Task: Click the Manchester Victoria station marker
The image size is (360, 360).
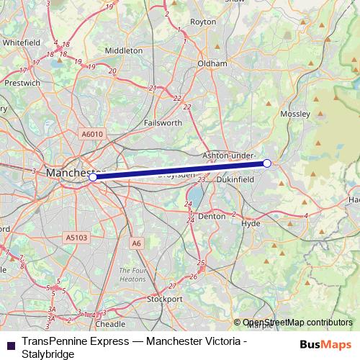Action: coord(93,176)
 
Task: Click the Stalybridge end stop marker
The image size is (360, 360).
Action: coord(267,163)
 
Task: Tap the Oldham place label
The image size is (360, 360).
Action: coord(212,63)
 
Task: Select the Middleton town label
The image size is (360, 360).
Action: coord(124,51)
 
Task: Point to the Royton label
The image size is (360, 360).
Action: coord(203,22)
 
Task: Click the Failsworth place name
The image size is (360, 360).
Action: coord(163,123)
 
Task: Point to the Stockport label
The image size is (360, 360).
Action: coord(164,298)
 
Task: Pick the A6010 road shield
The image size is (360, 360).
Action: coord(93,134)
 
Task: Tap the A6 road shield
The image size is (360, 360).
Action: coord(137,243)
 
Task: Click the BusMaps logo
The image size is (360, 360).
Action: coord(325,345)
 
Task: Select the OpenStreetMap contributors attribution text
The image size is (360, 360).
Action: coord(297,323)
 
